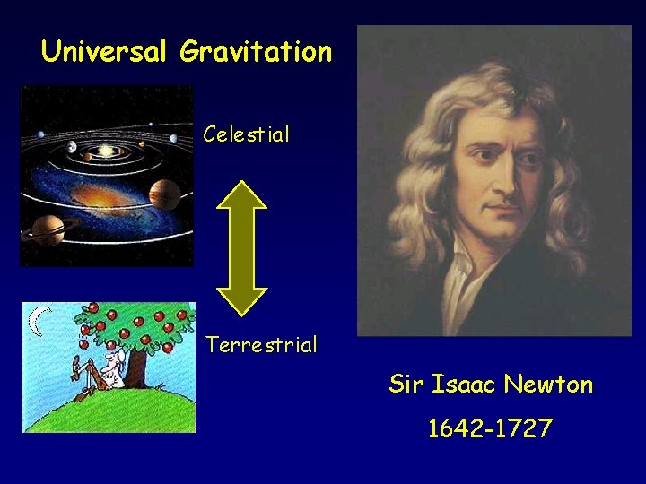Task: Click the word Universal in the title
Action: [x=104, y=51]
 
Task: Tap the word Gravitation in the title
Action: [x=256, y=51]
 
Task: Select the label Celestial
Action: [x=246, y=135]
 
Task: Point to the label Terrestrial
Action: [x=261, y=345]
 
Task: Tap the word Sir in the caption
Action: [x=406, y=385]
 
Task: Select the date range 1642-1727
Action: [x=490, y=429]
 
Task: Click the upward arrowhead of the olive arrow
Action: [x=243, y=196]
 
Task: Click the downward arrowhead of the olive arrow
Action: [x=243, y=300]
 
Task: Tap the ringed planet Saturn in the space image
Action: [x=45, y=229]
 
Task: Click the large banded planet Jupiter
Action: [x=165, y=192]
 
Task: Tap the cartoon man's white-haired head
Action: [x=109, y=359]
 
